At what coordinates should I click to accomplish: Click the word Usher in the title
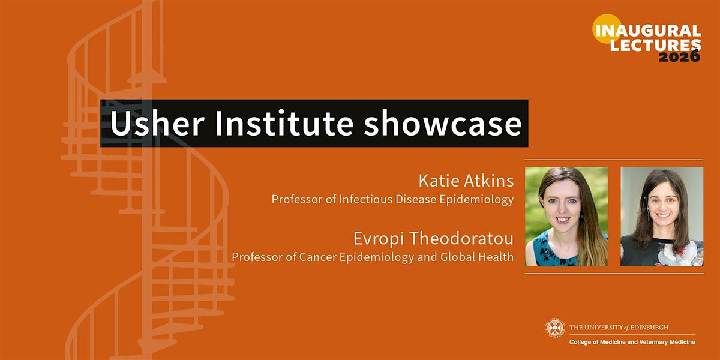pyautogui.click(x=157, y=123)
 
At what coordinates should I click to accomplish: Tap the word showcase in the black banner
pyautogui.click(x=443, y=123)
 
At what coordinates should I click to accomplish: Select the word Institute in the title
pyautogui.click(x=284, y=123)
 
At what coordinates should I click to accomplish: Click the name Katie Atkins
pyautogui.click(x=466, y=181)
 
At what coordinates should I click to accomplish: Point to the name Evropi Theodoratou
pyautogui.click(x=434, y=239)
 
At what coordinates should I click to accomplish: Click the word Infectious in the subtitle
pyautogui.click(x=365, y=199)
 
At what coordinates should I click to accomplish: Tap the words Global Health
pyautogui.click(x=477, y=257)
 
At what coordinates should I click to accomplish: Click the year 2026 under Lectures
pyautogui.click(x=679, y=57)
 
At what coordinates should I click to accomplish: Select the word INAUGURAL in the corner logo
pyautogui.click(x=649, y=31)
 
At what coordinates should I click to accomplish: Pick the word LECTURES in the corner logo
pyautogui.click(x=655, y=44)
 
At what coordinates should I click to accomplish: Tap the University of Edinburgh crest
pyautogui.click(x=555, y=328)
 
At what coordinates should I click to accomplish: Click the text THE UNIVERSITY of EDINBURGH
pyautogui.click(x=619, y=328)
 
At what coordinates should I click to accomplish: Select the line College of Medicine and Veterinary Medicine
pyautogui.click(x=632, y=342)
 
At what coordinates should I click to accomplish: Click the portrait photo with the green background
pyautogui.click(x=566, y=217)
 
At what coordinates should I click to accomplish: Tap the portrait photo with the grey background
pyautogui.click(x=662, y=217)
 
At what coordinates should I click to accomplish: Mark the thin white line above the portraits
pyautogui.click(x=614, y=160)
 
